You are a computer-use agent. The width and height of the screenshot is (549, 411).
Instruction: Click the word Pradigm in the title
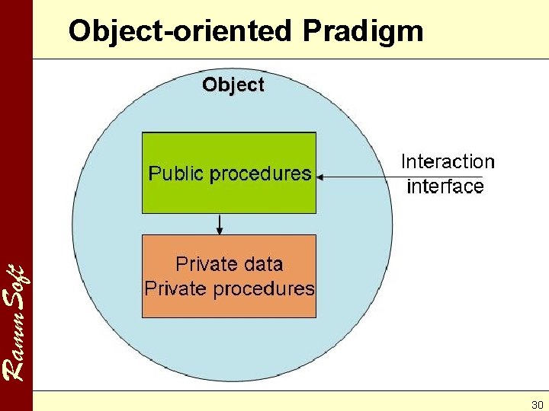[x=362, y=32]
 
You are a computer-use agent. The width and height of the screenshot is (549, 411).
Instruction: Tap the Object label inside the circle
[x=233, y=84]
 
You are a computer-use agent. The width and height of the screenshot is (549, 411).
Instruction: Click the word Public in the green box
[x=176, y=174]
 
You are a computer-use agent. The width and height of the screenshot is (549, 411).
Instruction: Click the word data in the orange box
[x=261, y=264]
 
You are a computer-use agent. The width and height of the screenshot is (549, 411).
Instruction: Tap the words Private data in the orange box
[x=229, y=264]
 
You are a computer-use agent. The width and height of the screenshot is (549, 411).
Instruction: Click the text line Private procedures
[x=229, y=288]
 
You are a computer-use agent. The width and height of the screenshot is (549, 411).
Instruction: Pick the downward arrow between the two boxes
[x=220, y=224]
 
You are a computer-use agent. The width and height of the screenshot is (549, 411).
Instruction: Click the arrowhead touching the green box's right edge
[x=320, y=177]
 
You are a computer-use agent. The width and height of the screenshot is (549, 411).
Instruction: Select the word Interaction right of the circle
[x=448, y=161]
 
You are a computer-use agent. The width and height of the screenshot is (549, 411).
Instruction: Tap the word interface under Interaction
[x=445, y=186]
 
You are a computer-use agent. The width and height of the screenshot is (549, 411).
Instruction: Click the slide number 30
[x=537, y=404]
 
